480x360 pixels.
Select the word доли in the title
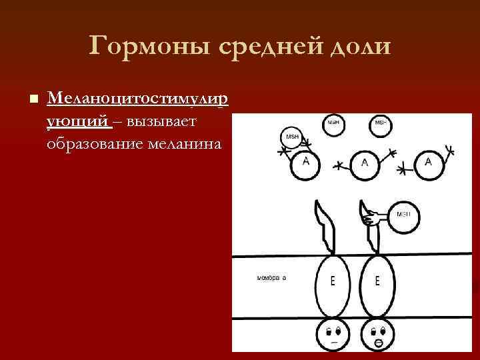tap(361, 47)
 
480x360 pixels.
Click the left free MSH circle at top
tap(333, 124)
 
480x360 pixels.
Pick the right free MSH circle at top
tap(380, 124)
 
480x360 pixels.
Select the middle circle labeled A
tap(364, 163)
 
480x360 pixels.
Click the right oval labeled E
tap(377, 281)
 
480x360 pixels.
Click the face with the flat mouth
tap(333, 335)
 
